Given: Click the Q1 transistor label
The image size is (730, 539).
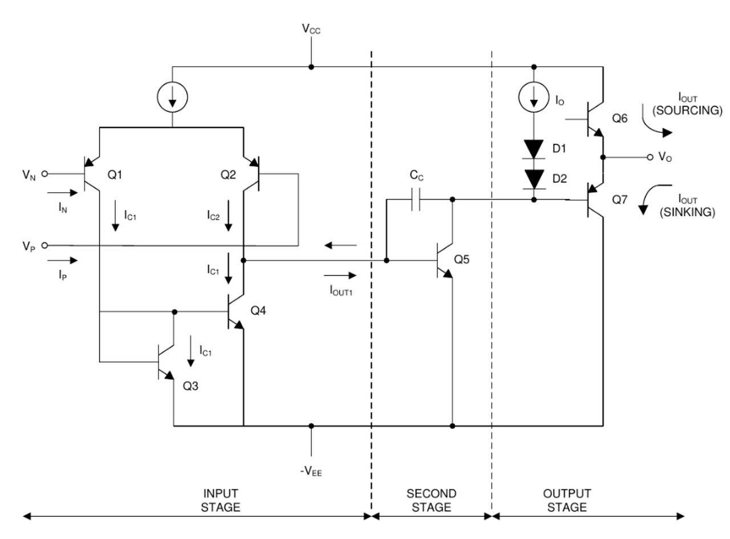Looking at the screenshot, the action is [115, 175].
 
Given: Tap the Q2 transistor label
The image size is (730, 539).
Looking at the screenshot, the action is [228, 175].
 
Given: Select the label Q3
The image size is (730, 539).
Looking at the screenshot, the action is [190, 386].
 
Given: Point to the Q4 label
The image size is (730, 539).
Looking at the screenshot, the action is [258, 310].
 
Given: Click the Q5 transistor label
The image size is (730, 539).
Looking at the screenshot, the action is [461, 260].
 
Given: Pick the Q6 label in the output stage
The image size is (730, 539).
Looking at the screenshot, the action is [619, 118].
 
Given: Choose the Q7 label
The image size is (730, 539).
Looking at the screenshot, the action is [619, 200].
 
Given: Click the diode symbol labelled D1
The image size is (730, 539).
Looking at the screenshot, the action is [533, 149].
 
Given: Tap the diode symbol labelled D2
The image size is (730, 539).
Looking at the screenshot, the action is [533, 180].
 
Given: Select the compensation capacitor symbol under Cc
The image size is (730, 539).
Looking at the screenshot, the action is [416, 200].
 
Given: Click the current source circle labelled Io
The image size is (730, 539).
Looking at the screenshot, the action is [533, 97].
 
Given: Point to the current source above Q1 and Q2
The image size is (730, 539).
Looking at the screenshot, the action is [172, 97].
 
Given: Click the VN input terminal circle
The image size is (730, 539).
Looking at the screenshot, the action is [44, 173].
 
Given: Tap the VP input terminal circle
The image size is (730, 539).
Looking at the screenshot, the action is [44, 245].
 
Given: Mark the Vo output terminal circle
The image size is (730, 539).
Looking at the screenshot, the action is [650, 157].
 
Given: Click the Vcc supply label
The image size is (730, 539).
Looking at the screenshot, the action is [311, 29].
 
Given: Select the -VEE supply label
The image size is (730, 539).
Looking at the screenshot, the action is [311, 472].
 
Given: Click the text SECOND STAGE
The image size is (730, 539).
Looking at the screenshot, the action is [431, 500].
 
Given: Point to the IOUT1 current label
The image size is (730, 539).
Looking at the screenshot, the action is [341, 290].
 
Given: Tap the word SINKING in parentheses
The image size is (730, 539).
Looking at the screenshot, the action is [687, 212].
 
